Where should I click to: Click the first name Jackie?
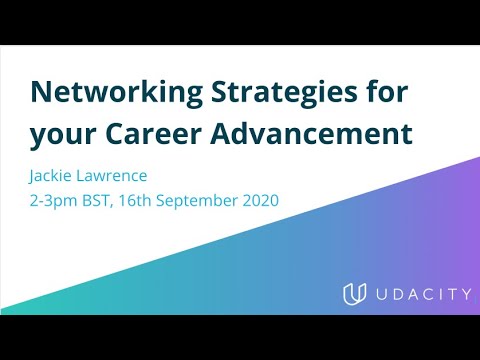[x=55, y=177]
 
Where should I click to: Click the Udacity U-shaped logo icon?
[x=352, y=296]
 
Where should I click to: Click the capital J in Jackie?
[x=35, y=177]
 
